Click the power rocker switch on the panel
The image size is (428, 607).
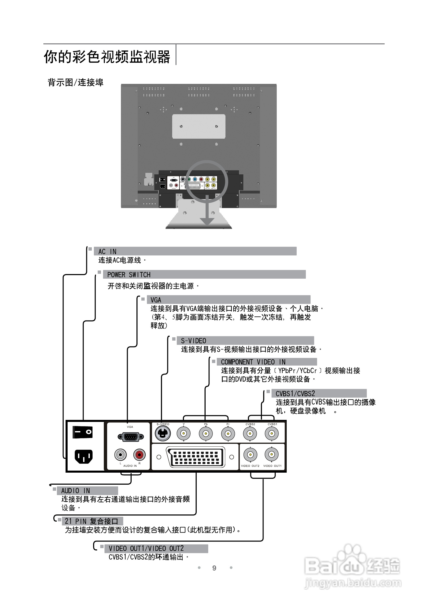click(x=82, y=432)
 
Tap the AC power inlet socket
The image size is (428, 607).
click(x=83, y=456)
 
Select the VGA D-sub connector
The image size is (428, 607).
click(x=131, y=437)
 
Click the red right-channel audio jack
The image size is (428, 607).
click(x=140, y=455)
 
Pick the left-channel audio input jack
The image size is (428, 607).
click(x=120, y=455)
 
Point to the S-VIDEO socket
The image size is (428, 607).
click(x=162, y=434)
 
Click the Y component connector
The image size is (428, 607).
click(x=184, y=434)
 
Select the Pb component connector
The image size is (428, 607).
click(x=206, y=434)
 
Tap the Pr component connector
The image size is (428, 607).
click(x=228, y=434)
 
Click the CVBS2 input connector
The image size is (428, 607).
click(x=250, y=434)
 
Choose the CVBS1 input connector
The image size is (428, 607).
click(x=272, y=434)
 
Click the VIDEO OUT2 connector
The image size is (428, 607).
click(x=250, y=455)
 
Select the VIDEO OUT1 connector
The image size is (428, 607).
click(x=271, y=455)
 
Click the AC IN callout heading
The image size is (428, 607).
click(x=107, y=251)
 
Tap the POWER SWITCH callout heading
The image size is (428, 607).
click(x=129, y=275)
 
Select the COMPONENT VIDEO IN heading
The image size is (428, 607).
click(x=253, y=362)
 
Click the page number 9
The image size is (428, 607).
click(x=214, y=568)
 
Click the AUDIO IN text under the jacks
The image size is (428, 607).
click(x=130, y=466)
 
